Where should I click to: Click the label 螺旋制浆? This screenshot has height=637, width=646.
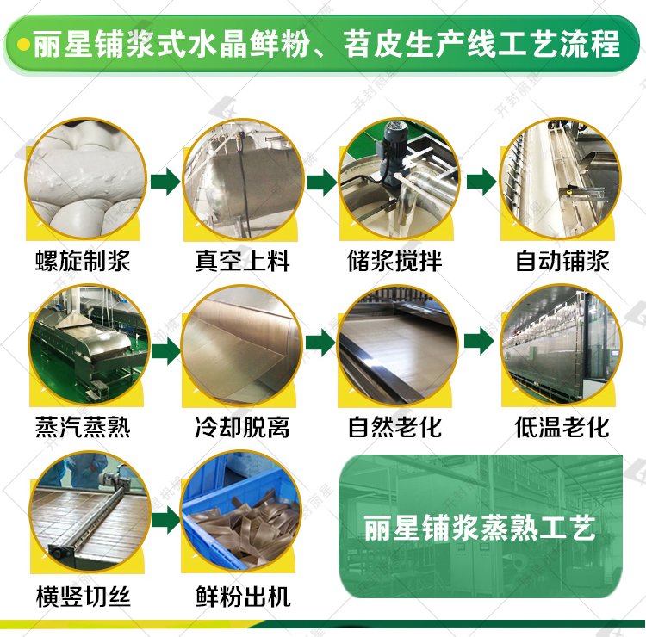click(x=83, y=261)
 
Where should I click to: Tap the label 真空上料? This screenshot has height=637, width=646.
click(x=242, y=261)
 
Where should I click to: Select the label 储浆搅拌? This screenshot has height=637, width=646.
click(x=394, y=261)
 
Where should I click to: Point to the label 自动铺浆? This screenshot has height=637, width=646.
click(x=562, y=261)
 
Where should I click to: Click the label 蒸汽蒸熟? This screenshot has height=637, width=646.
click(x=83, y=427)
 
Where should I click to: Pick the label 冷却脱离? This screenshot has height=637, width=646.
click(x=242, y=427)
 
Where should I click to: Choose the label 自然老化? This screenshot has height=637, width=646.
click(x=394, y=427)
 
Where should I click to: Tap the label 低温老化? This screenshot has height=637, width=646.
click(x=562, y=427)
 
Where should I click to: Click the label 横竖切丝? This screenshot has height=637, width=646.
click(x=84, y=597)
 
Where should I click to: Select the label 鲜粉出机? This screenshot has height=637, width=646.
click(x=243, y=597)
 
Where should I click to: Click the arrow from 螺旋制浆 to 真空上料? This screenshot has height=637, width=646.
click(x=165, y=181)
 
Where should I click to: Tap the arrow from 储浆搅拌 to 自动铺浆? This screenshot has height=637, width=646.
click(x=481, y=181)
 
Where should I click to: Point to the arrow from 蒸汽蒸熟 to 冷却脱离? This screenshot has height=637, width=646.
click(x=166, y=351)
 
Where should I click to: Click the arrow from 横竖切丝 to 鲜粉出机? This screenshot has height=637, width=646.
click(x=166, y=521)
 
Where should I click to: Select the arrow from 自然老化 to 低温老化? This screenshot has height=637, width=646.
click(x=479, y=341)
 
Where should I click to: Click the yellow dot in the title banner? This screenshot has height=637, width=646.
click(x=25, y=44)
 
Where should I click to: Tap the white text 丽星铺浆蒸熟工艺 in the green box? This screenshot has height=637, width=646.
click(x=480, y=528)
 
